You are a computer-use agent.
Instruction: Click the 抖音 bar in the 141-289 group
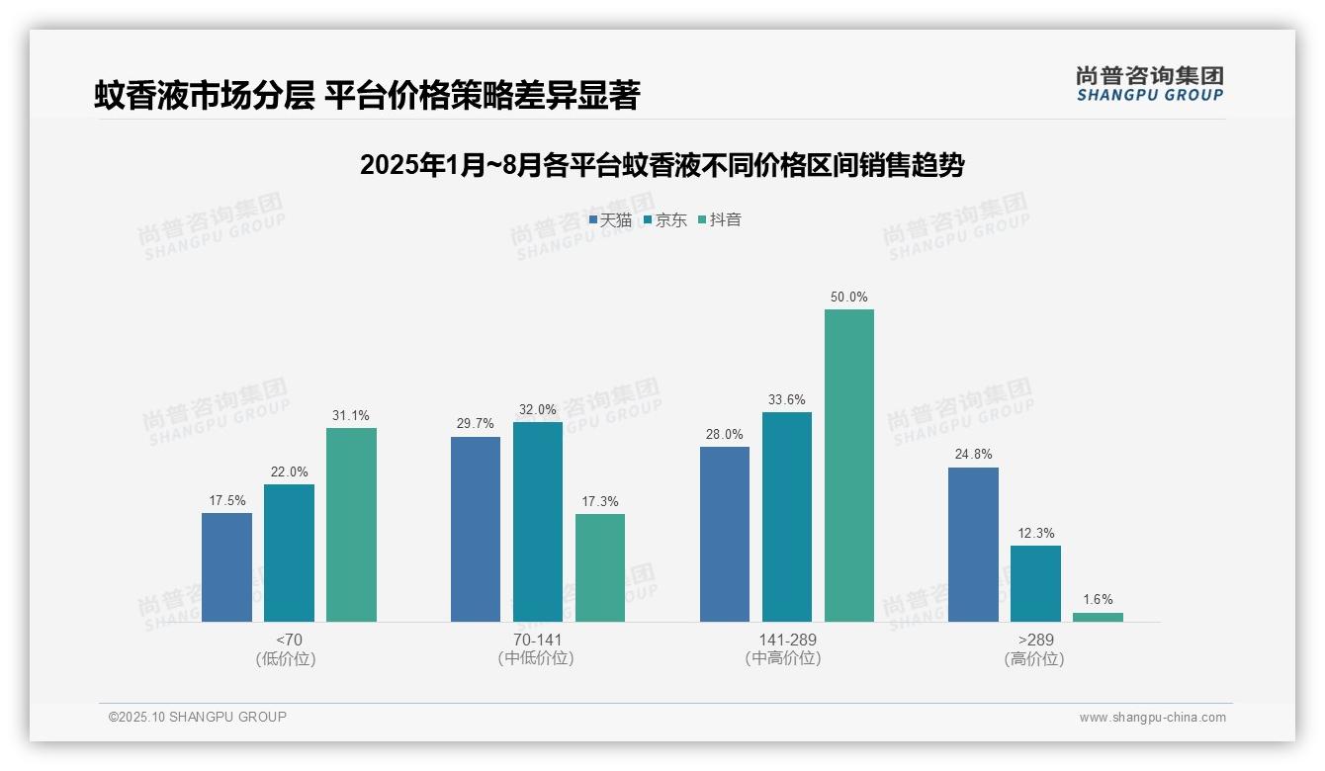click(x=848, y=465)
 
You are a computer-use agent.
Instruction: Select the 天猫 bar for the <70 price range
click(x=226, y=566)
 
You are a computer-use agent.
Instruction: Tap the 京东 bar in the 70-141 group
click(x=537, y=521)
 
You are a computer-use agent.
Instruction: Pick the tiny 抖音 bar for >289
click(x=1098, y=617)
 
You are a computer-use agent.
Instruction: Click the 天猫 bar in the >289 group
click(x=973, y=544)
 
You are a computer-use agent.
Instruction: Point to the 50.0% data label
click(x=849, y=297)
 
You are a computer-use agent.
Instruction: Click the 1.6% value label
click(x=1098, y=599)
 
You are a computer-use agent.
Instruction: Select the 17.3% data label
click(x=600, y=501)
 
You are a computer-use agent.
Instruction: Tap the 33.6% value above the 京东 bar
click(x=787, y=399)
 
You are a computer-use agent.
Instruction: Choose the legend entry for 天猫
click(x=610, y=219)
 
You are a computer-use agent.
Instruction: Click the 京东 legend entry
click(x=664, y=219)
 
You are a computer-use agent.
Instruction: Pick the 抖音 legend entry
click(x=720, y=219)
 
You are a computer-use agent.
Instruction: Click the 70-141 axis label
click(x=537, y=640)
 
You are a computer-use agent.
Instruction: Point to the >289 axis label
click(x=1035, y=640)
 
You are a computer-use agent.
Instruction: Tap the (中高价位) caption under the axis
click(x=783, y=658)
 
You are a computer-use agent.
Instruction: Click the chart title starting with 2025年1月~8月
click(x=662, y=165)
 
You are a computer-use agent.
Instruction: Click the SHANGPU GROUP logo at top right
click(x=1149, y=84)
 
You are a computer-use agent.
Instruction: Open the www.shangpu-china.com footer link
click(x=1152, y=718)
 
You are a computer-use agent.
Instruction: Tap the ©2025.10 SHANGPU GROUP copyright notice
click(x=198, y=717)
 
